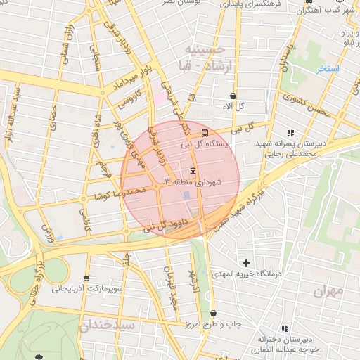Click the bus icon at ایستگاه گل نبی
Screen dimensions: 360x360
pos(205,133)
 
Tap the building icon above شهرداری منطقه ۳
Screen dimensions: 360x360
pos(193,172)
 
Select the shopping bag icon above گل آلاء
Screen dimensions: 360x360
pos(233,96)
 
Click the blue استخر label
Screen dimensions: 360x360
pos(328,69)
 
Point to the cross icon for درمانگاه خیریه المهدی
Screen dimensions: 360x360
pos(246,263)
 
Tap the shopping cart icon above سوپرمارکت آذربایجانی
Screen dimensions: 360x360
pos(86,278)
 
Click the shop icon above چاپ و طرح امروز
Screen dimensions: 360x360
pos(213,314)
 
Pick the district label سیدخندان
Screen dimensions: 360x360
pos(105,325)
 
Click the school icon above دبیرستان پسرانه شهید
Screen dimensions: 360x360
pos(290,132)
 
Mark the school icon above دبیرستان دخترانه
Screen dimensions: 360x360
pos(285,328)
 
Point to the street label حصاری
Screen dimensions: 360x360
pos(52,116)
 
